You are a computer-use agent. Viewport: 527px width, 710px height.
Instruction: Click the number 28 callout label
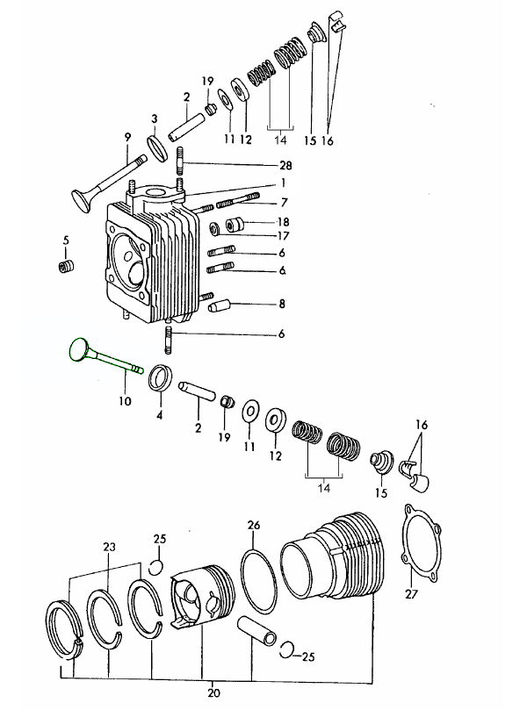285,166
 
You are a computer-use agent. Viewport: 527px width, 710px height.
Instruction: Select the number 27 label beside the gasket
412,594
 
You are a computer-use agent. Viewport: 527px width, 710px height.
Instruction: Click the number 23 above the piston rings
108,547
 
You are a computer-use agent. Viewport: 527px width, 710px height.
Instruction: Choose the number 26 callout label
254,526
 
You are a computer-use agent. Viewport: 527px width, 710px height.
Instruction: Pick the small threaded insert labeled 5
64,266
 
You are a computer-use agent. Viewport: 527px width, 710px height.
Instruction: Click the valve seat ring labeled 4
161,378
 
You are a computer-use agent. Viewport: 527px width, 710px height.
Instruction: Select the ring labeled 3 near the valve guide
158,147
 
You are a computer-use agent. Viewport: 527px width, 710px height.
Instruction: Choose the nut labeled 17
214,230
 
